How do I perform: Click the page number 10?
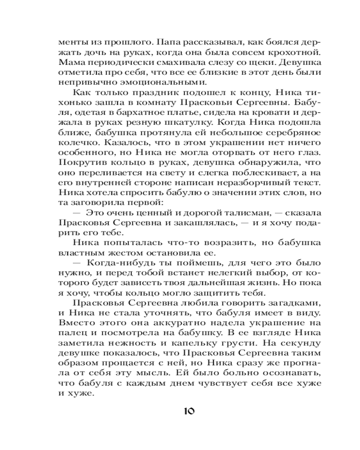(189, 411)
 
